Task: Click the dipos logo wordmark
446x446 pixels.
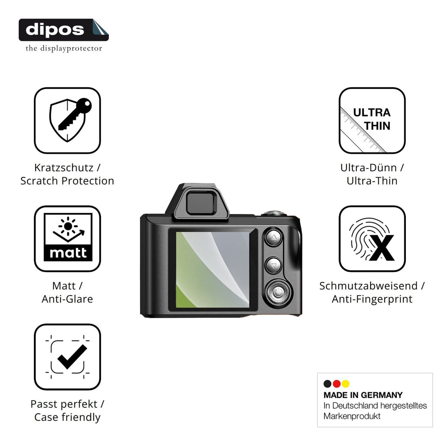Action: click(55, 30)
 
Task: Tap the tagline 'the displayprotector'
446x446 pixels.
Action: click(64, 48)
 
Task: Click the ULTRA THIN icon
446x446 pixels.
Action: click(372, 120)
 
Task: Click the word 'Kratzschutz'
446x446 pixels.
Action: click(64, 168)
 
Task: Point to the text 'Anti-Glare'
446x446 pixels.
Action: click(67, 299)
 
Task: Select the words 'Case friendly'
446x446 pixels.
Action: click(67, 417)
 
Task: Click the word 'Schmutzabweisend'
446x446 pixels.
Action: click(368, 286)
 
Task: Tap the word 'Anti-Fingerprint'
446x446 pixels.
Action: click(372, 299)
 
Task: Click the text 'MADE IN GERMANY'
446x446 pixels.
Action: click(363, 395)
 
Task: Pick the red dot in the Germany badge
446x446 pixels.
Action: click(336, 384)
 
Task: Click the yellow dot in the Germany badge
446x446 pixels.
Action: click(346, 384)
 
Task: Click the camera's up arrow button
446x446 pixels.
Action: click(274, 237)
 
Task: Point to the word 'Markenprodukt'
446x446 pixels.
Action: click(352, 416)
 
